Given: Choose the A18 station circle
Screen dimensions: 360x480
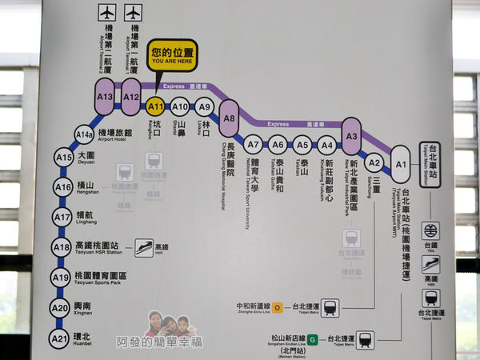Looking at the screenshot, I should tap(61, 248).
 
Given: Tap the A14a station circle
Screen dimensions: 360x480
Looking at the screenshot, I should tap(84, 134).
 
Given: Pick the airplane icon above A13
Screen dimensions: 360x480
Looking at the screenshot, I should tap(107, 12).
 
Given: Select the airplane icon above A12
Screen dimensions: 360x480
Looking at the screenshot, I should tap(133, 12).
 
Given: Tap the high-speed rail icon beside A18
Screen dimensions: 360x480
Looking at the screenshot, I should tap(144, 248).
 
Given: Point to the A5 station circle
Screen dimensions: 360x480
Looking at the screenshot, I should tap(302, 145).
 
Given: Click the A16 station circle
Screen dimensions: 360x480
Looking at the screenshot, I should tap(63, 187).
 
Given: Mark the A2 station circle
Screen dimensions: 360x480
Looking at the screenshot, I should tap(374, 162).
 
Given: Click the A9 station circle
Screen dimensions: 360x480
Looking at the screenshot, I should tap(205, 106).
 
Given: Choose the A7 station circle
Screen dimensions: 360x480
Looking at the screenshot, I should tap(254, 145).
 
